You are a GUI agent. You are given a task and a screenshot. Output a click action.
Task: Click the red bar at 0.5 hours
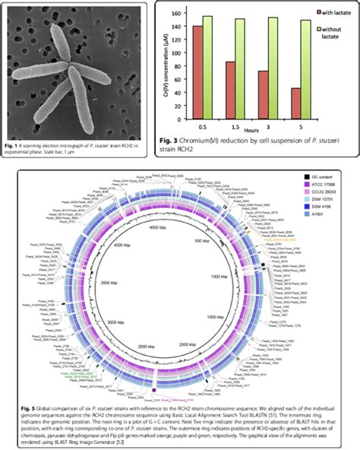[197, 59]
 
